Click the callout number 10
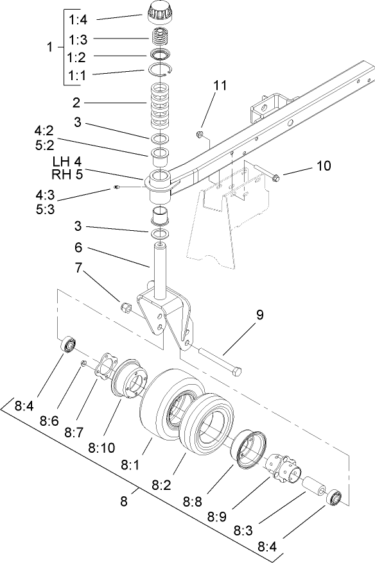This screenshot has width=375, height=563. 323,165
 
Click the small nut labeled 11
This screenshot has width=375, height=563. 199,135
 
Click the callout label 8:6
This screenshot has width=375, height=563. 48,420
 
